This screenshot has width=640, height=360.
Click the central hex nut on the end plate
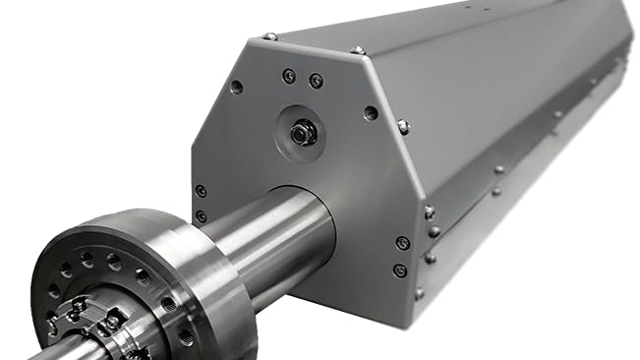click(302, 132)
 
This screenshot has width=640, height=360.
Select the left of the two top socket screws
click(289, 76)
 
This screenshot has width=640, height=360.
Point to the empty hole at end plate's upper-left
click(236, 87)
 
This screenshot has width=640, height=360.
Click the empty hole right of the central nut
click(370, 113)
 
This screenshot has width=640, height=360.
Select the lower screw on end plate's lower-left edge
click(202, 215)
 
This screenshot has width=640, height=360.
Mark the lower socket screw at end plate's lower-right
click(399, 270)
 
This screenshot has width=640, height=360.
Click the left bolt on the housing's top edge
click(269, 36)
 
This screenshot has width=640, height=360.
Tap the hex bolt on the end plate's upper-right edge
click(403, 126)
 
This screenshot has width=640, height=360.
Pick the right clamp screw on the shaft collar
click(113, 321)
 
